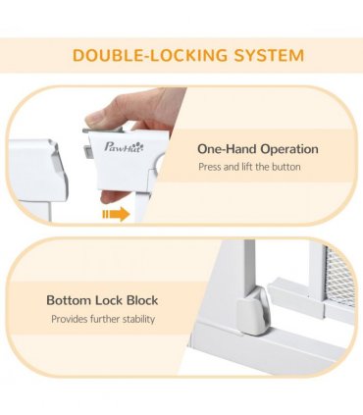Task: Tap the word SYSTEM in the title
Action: coord(269,55)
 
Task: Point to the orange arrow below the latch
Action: coord(116,214)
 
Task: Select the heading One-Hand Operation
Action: coord(258,149)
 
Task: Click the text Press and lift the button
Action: coord(249,167)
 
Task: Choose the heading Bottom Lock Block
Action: coord(102,300)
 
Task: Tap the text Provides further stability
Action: coord(103,319)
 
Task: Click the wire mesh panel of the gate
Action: coord(339,278)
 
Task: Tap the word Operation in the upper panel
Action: coord(289,150)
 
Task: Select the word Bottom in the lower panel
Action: coord(69,300)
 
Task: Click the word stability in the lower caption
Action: coord(138,319)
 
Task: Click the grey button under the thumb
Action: coord(105,130)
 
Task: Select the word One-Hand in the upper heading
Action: coord(227,149)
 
